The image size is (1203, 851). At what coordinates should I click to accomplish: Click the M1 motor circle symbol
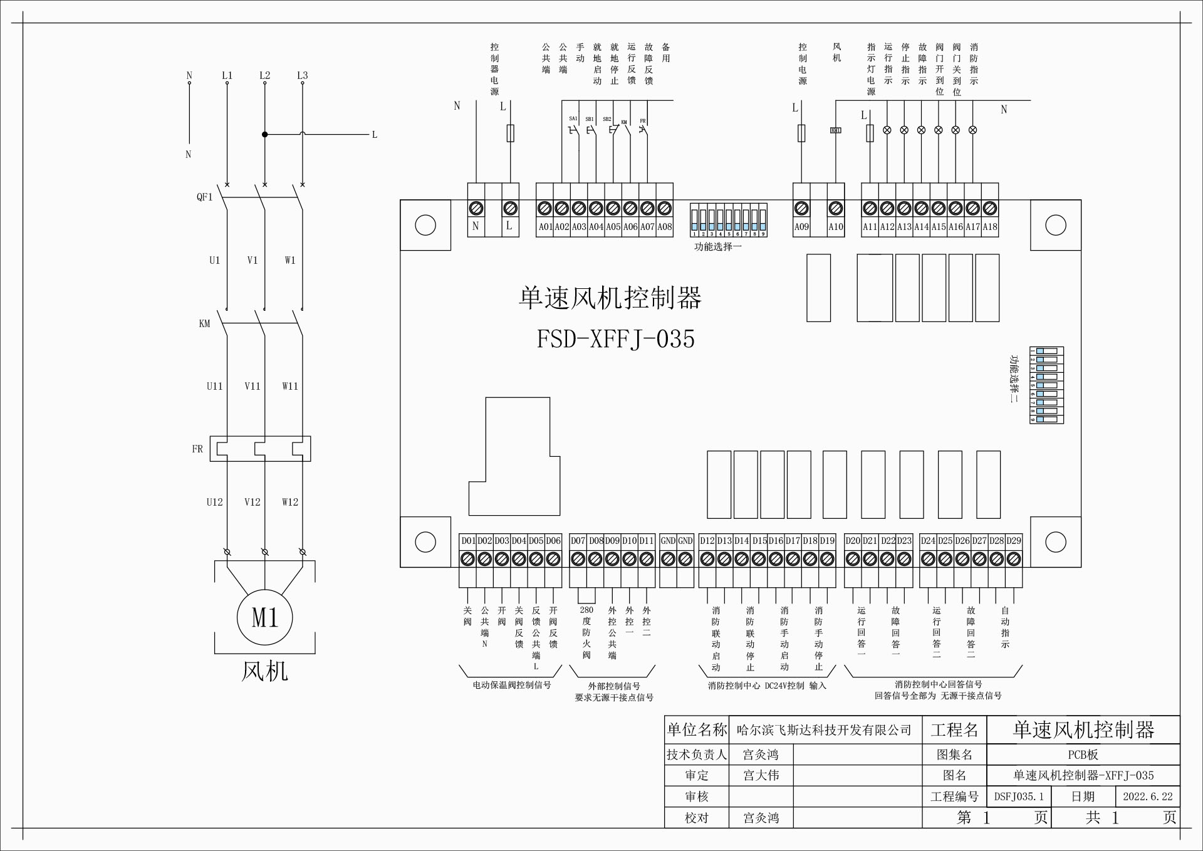tap(264, 617)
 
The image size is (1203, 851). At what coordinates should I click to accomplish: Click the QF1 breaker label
tap(204, 197)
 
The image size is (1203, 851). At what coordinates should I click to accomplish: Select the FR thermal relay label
tap(197, 449)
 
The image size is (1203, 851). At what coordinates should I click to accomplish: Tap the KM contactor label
tap(204, 323)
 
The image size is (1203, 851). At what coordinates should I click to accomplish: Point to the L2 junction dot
tap(264, 134)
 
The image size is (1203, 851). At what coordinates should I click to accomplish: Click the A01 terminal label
tap(545, 227)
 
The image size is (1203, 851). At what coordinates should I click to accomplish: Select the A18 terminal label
tap(989, 227)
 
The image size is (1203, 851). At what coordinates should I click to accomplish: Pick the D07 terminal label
tap(578, 540)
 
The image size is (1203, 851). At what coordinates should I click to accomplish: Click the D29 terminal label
tap(1013, 540)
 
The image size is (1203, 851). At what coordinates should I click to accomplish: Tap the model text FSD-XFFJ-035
tap(615, 339)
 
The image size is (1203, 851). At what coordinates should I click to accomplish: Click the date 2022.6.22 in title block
tap(1147, 796)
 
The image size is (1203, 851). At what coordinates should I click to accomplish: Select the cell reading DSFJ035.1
tap(1018, 796)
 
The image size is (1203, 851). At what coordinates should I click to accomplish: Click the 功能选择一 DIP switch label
tap(717, 247)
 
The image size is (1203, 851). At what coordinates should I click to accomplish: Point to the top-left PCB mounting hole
tap(425, 225)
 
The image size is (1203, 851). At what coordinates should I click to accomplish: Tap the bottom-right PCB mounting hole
tap(1055, 541)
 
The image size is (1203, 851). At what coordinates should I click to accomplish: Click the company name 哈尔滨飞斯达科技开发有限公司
tap(824, 730)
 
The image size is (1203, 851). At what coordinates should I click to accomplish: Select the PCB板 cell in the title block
tap(1083, 754)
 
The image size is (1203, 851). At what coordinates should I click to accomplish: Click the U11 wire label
tap(214, 386)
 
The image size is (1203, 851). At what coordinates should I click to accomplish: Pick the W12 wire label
tap(289, 502)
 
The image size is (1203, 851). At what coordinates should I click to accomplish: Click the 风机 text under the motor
tap(264, 671)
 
